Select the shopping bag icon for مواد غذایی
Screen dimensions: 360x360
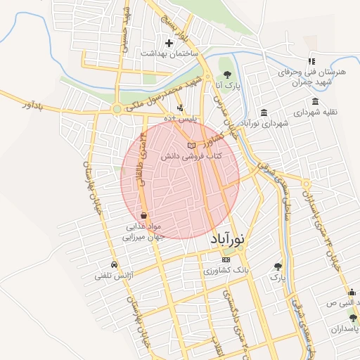click(x=143, y=215)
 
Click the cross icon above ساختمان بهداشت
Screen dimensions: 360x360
click(x=169, y=44)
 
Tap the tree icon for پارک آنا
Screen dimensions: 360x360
click(x=226, y=73)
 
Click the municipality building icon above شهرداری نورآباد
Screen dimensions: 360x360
click(x=264, y=113)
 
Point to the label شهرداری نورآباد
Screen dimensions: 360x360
click(x=264, y=124)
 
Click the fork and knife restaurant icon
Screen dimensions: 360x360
click(x=311, y=62)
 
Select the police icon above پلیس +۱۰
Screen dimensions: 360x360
click(x=181, y=108)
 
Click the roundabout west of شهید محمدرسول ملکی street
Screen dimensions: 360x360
click(x=117, y=109)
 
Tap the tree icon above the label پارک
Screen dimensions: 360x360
click(x=278, y=267)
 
